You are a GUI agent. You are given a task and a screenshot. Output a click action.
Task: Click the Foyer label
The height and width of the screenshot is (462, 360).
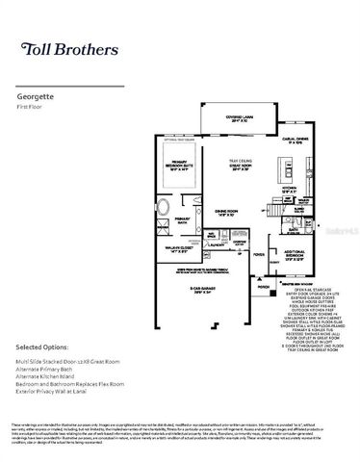click(x=258, y=255)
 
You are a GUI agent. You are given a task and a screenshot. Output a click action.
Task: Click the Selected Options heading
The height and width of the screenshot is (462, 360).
click(x=44, y=345)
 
